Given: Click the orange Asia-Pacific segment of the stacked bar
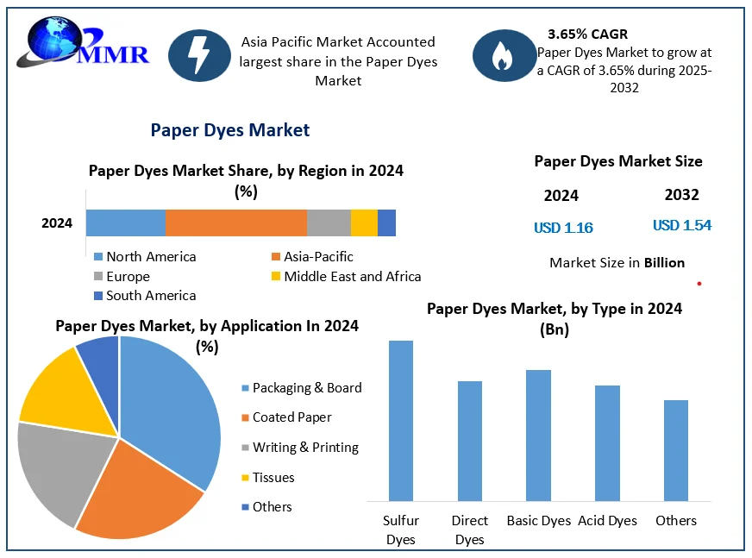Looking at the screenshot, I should (x=235, y=223).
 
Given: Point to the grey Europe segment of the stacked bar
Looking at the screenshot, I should (x=329, y=223).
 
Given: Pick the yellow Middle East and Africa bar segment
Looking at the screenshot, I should (x=364, y=223).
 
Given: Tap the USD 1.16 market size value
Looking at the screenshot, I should (x=563, y=228).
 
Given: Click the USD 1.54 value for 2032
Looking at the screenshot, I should (x=681, y=225).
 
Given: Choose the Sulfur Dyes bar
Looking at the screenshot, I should (x=401, y=420).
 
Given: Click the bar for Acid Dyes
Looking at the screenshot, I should (x=607, y=442).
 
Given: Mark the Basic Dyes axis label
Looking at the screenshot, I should (x=538, y=520).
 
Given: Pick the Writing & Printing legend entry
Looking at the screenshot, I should (x=305, y=447).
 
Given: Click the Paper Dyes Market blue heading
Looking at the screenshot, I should (x=229, y=130).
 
